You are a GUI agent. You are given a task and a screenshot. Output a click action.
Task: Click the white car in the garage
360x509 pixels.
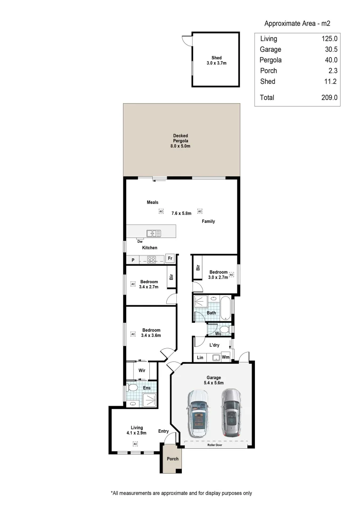click(198, 413)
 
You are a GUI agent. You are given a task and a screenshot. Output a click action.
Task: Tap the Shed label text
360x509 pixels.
click(216, 58)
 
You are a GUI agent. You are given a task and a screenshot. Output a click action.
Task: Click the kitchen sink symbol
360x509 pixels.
click(154, 233)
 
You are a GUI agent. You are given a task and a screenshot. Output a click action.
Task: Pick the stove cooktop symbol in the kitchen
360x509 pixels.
click(152, 259)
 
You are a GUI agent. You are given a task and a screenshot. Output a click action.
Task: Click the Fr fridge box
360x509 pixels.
click(170, 259)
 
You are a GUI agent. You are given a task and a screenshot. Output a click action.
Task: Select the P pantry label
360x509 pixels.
click(133, 259)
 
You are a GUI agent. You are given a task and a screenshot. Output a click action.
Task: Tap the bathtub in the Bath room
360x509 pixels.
click(226, 308)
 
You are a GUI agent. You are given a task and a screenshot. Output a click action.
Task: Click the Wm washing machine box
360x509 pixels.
click(226, 357)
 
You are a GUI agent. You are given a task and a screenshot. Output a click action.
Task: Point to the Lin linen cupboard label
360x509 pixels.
click(200, 357)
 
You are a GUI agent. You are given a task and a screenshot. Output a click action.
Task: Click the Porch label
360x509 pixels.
click(173, 459)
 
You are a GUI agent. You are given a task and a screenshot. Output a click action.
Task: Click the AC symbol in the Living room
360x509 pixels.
click(135, 444)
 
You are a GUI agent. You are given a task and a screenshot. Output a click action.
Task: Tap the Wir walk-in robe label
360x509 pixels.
click(141, 370)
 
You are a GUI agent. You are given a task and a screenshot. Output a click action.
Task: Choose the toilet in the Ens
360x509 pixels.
click(132, 388)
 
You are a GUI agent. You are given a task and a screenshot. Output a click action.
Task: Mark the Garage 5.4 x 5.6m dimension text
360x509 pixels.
click(213, 383)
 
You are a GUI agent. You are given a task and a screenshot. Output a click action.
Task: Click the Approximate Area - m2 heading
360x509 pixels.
click(296, 23)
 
